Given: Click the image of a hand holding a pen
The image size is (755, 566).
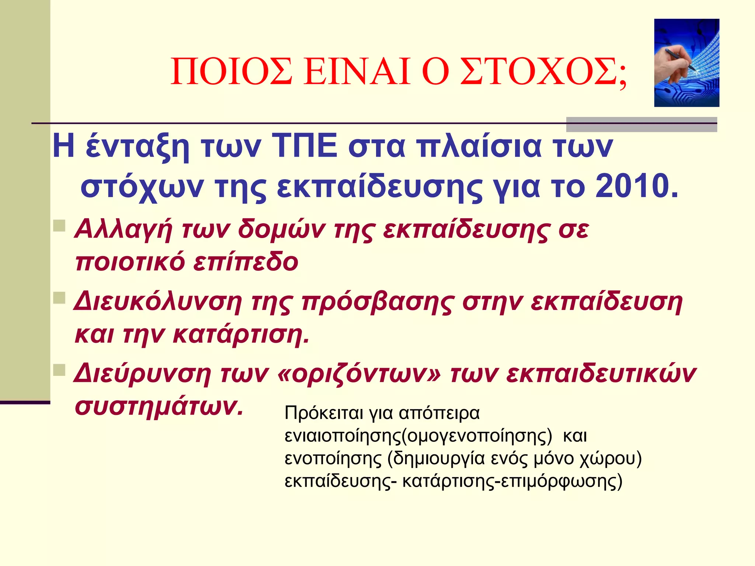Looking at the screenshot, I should pyautogui.click(x=686, y=63).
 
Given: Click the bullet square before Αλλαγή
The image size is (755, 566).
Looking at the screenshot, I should pyautogui.click(x=59, y=226).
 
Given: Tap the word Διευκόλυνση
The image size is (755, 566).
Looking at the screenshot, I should pyautogui.click(x=158, y=302).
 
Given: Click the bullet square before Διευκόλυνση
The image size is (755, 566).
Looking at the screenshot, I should pyautogui.click(x=59, y=298).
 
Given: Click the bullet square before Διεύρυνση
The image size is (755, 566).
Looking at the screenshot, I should pyautogui.click(x=59, y=370).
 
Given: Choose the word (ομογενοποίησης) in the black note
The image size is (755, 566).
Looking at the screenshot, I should pyautogui.click(x=477, y=436).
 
